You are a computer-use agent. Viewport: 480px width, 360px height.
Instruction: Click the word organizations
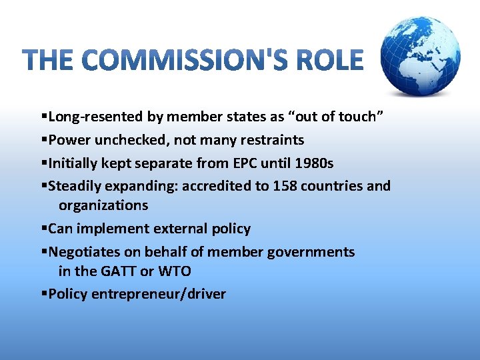click(103, 205)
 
